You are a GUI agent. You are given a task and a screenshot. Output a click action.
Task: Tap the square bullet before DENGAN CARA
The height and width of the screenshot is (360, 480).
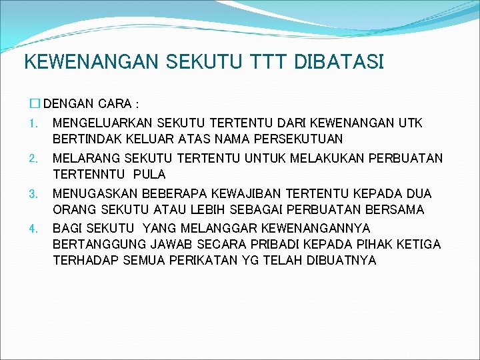(35, 104)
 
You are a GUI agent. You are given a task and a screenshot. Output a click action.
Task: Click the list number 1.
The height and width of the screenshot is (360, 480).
(33, 124)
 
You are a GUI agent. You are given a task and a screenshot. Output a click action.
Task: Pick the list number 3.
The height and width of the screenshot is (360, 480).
(33, 194)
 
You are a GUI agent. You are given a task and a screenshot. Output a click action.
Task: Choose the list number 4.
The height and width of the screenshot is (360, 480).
(33, 229)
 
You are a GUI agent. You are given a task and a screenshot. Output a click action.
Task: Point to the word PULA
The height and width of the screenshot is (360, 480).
(149, 175)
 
